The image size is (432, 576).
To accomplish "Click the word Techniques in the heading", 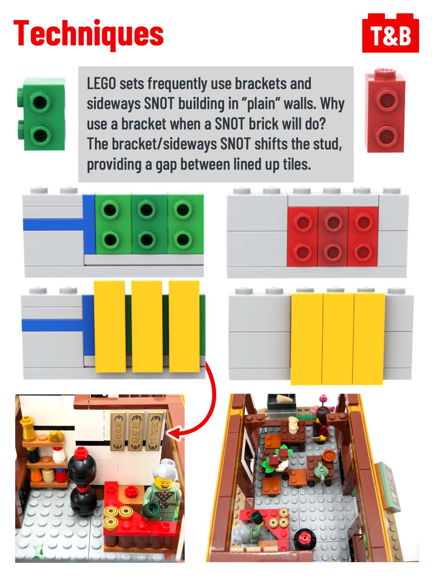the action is click(88, 34).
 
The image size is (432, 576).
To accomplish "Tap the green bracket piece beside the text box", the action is click(41, 114).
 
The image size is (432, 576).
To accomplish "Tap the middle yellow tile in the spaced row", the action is click(147, 326).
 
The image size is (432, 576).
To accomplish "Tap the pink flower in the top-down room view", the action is click(324, 399).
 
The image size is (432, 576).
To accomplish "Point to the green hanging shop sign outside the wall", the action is click(390, 486).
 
